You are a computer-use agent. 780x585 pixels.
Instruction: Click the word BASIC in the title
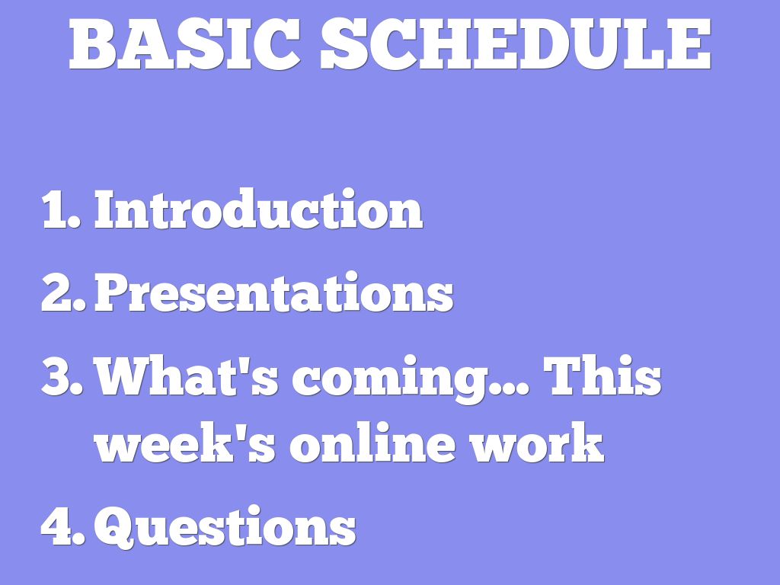pyautogui.click(x=184, y=43)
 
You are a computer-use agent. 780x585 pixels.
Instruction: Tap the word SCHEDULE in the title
pyautogui.click(x=516, y=43)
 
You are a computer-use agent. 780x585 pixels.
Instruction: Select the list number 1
pyautogui.click(x=61, y=210)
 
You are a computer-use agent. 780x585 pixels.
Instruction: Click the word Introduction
pyautogui.click(x=259, y=209)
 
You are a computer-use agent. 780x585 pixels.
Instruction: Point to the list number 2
pyautogui.click(x=63, y=293)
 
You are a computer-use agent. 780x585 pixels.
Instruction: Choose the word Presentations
pyautogui.click(x=274, y=292)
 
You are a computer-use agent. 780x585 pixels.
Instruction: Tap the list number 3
pyautogui.click(x=62, y=376)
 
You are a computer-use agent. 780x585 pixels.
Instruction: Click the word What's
pyautogui.click(x=186, y=376)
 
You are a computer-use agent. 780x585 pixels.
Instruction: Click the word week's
pyautogui.click(x=184, y=443)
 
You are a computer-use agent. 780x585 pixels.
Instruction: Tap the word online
pyautogui.click(x=372, y=443)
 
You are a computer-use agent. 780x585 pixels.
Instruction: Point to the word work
pyautogui.click(x=537, y=443)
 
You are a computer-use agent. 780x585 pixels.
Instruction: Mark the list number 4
pyautogui.click(x=62, y=526)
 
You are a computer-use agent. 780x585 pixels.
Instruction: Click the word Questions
pyautogui.click(x=225, y=526)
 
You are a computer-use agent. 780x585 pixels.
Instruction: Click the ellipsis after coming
pyautogui.click(x=509, y=391)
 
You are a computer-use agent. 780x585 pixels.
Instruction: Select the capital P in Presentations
pyautogui.click(x=112, y=293)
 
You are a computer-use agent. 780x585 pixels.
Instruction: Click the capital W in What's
pyautogui.click(x=123, y=376)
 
